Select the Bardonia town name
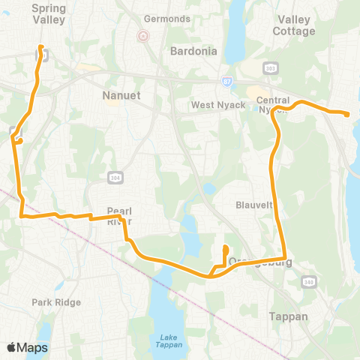193,52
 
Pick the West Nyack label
217,104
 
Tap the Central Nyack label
273,105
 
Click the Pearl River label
119,216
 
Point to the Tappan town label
288,316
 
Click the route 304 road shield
115,177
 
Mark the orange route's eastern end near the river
348,114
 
